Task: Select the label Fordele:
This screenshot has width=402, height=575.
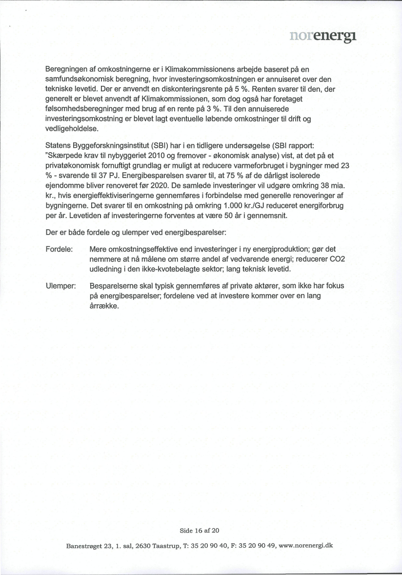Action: coord(59,249)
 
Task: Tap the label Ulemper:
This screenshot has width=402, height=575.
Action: coord(60,286)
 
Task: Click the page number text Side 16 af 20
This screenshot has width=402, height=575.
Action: coord(201,530)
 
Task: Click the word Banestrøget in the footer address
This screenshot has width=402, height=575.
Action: coord(83,546)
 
